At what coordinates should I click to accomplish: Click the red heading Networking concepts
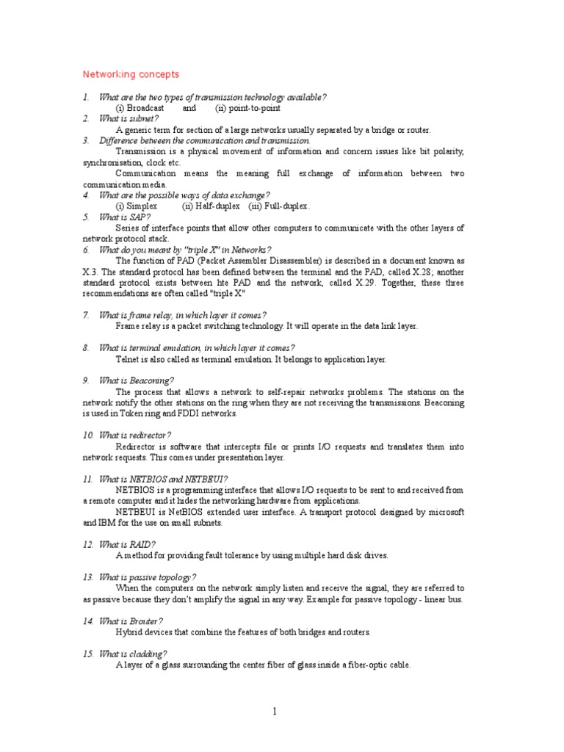point(131,75)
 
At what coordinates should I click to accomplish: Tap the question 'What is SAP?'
point(125,217)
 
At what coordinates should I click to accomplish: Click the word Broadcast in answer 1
point(145,108)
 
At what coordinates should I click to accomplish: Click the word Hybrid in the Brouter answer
point(129,632)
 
